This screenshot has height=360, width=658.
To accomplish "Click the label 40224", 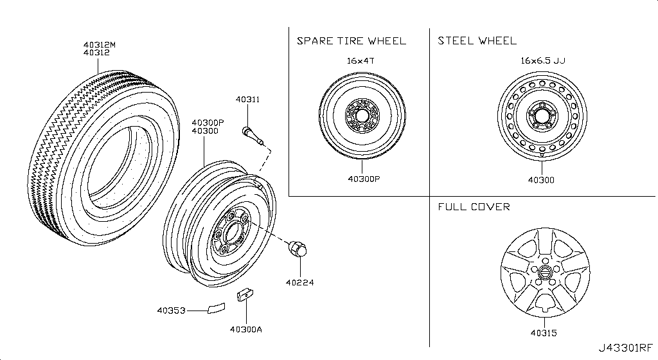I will click(300, 282).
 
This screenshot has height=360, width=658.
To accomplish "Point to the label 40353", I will click(171, 310).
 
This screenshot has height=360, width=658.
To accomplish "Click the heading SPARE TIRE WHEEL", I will click(351, 41).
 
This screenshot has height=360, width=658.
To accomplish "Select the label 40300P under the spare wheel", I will click(363, 179).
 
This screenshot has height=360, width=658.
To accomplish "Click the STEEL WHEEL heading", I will click(477, 41).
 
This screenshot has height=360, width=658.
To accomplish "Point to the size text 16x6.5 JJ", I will click(543, 60).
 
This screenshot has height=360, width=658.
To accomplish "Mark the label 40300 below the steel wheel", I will click(541, 179).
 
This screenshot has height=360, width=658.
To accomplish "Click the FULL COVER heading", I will click(474, 207).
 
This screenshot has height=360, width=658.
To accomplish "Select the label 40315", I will click(543, 333).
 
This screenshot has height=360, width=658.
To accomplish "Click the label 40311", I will click(247, 100).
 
